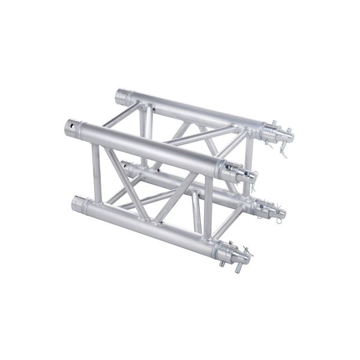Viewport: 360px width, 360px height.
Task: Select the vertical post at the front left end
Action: [x=96, y=171]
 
